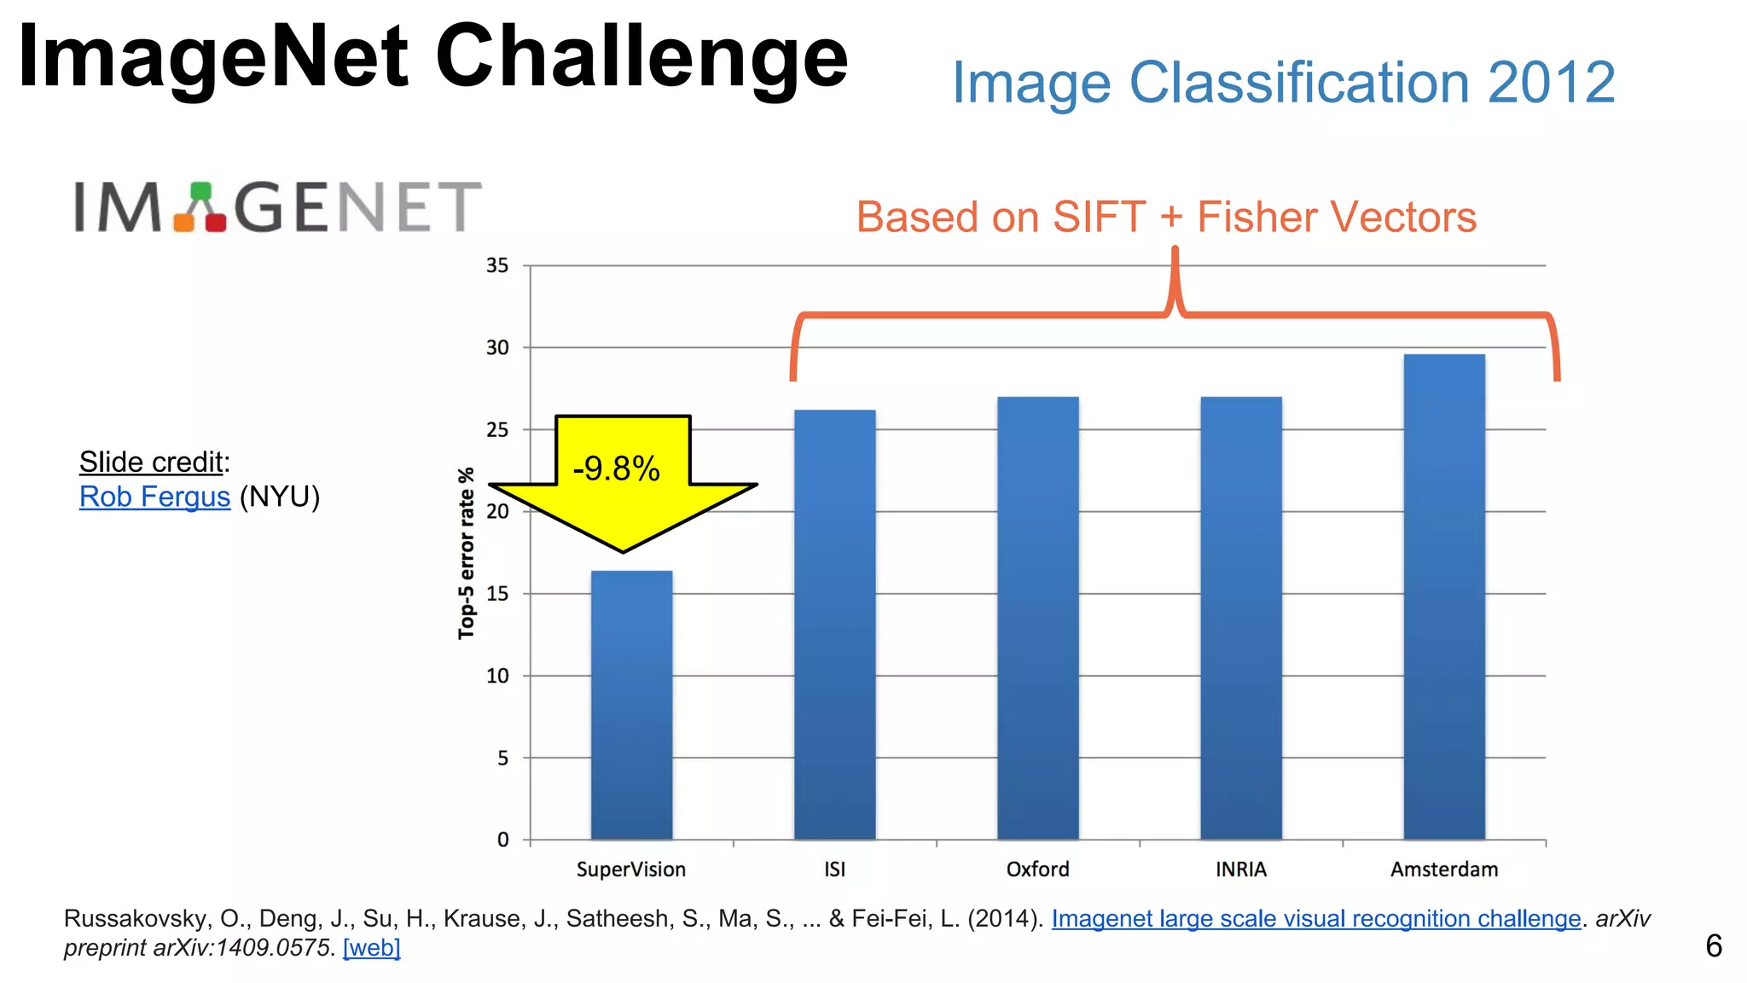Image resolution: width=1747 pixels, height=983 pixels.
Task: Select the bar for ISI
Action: click(834, 625)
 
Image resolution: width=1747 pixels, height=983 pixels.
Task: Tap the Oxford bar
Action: click(1037, 618)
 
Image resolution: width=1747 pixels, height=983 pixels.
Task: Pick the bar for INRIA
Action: click(1240, 618)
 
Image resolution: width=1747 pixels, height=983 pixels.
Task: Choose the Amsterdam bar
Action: click(1443, 596)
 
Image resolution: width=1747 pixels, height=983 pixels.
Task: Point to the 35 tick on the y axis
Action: click(497, 265)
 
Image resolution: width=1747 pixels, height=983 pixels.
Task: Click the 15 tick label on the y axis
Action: click(497, 594)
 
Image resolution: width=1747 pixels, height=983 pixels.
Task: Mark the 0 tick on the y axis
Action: click(503, 840)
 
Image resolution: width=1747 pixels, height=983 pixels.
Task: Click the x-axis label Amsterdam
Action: click(1443, 870)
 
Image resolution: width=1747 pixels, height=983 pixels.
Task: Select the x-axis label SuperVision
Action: click(631, 870)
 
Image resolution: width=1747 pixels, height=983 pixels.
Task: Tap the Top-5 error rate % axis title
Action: click(466, 553)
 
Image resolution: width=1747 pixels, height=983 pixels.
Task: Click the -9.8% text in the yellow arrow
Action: click(616, 468)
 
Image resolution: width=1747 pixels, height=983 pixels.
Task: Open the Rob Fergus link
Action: click(154, 497)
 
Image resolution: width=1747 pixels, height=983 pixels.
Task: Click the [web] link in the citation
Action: click(371, 947)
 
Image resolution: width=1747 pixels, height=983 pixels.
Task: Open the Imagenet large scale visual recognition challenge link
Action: click(1315, 918)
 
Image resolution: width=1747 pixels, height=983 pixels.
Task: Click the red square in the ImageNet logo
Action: click(216, 222)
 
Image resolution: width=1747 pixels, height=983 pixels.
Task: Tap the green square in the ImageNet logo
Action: click(200, 190)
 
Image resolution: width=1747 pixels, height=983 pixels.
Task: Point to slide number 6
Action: click(1713, 946)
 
